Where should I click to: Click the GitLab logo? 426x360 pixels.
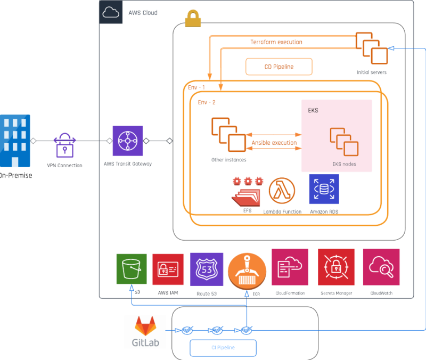(145, 331)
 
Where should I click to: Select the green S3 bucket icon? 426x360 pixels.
(131, 269)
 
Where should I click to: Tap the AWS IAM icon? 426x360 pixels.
(168, 269)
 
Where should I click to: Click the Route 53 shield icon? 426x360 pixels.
(207, 269)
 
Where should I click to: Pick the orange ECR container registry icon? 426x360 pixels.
(247, 270)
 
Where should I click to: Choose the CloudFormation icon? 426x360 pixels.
(290, 267)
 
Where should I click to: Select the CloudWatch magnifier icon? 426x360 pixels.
(381, 267)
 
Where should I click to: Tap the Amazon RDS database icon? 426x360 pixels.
(324, 189)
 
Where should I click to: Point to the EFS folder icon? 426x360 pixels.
(247, 192)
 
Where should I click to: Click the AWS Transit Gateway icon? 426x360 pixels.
(128, 141)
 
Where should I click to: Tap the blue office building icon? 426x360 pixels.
(15, 141)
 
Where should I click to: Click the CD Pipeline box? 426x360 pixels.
(279, 67)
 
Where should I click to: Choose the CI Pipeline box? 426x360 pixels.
(223, 348)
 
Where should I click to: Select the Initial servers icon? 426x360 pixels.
(371, 49)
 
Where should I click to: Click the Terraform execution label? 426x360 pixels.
(276, 42)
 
